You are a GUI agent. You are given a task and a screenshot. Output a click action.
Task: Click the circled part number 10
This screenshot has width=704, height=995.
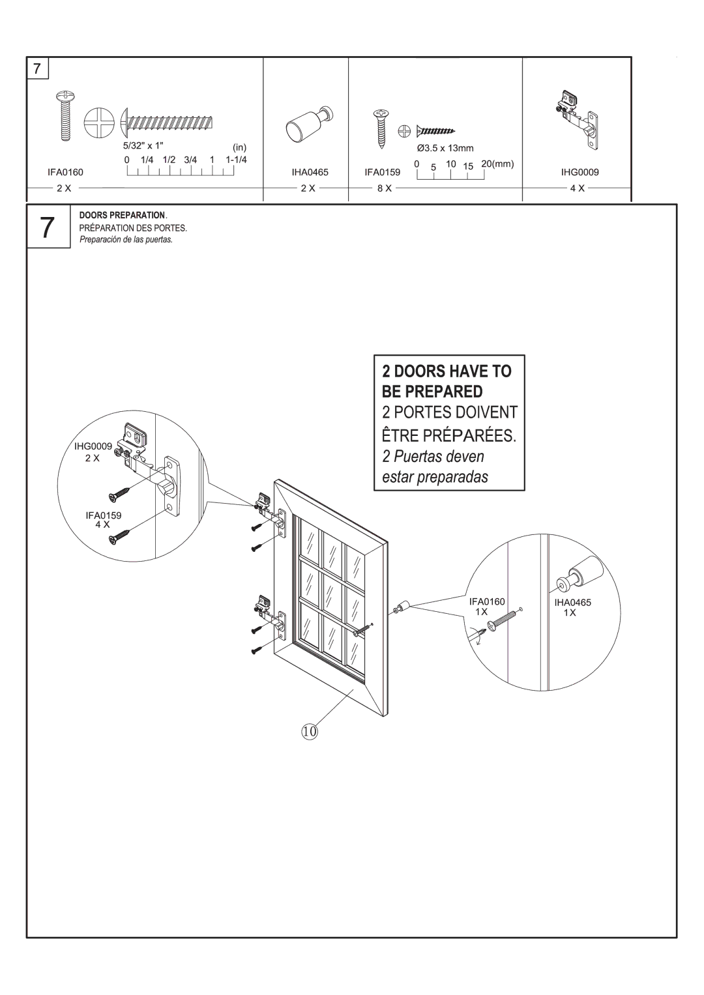pyautogui.click(x=308, y=732)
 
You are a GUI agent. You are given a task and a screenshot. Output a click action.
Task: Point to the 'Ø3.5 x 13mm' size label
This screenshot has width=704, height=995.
pyautogui.click(x=445, y=149)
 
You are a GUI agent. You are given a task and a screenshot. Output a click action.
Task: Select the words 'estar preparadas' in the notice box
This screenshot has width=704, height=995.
pyautogui.click(x=435, y=477)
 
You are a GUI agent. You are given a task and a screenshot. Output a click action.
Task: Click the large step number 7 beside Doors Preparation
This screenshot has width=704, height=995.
pyautogui.click(x=48, y=227)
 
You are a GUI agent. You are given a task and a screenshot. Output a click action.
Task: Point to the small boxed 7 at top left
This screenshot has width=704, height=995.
pyautogui.click(x=38, y=68)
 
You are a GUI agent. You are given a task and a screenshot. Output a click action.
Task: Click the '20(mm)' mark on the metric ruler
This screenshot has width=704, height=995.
pyautogui.click(x=498, y=164)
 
